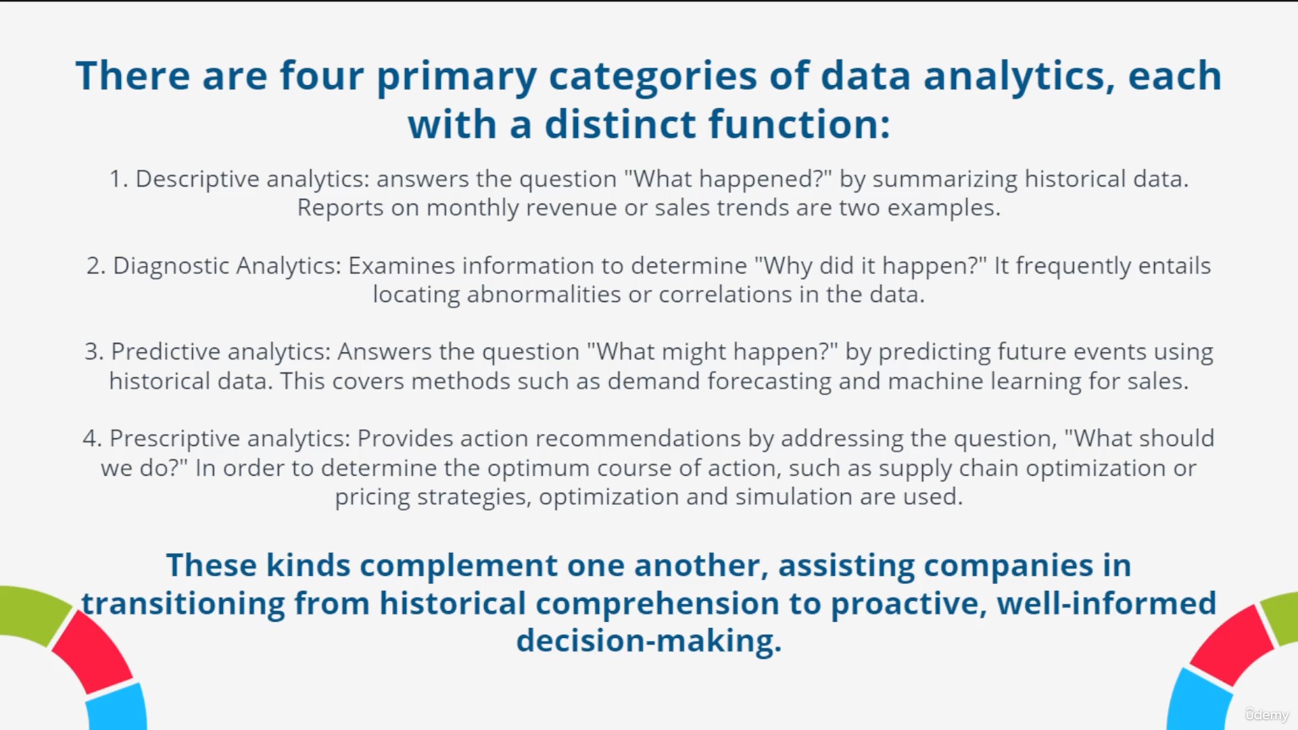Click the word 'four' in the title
point(322,76)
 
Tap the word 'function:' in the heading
point(799,125)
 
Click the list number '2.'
point(96,266)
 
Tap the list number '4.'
point(92,439)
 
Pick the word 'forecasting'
point(769,382)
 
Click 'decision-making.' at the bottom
point(649,641)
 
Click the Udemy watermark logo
point(1266,714)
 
